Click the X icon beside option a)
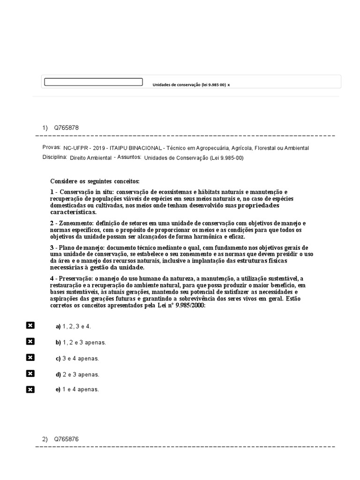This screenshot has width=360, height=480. (30, 326)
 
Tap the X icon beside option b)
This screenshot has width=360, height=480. (30, 342)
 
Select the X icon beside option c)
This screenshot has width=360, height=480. (30, 358)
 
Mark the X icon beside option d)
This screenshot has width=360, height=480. (30, 374)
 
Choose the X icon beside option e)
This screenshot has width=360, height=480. (30, 389)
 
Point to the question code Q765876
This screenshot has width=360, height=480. (66, 439)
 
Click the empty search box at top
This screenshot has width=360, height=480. (93, 82)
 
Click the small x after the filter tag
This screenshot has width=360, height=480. (229, 85)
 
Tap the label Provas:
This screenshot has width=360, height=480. (52, 147)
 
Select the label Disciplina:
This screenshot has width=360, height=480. (54, 157)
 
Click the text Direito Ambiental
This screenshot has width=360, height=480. (90, 158)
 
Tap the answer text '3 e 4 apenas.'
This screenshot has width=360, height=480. (81, 359)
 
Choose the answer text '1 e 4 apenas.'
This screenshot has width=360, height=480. (81, 390)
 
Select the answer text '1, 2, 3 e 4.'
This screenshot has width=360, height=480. (77, 326)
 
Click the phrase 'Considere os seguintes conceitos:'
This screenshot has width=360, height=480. (95, 181)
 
